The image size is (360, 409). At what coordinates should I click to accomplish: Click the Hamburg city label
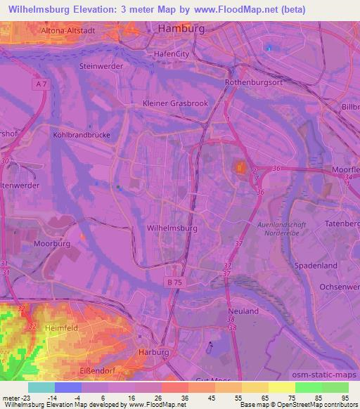[181, 29]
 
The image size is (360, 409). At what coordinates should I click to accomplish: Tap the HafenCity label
[172, 53]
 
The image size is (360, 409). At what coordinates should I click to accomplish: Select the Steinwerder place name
[101, 66]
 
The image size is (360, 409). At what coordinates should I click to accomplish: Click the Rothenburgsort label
[252, 82]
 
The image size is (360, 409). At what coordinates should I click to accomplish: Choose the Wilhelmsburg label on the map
[172, 228]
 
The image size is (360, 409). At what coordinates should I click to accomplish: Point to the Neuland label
[243, 311]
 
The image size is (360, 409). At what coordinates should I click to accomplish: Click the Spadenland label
[316, 266]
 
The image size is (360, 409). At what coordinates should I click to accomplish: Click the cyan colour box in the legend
[41, 387]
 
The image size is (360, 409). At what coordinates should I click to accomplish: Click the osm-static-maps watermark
[324, 375]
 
